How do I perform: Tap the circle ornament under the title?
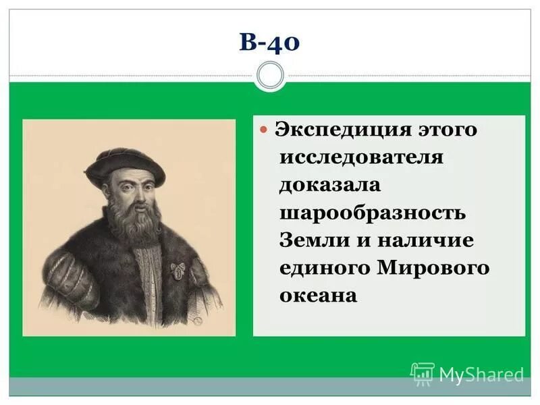[x=270, y=75]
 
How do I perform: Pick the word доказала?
[x=330, y=185]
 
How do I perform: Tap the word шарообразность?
[x=373, y=213]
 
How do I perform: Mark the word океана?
[x=318, y=296]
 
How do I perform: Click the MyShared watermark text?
[x=481, y=374]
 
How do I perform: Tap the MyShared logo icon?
[x=423, y=373]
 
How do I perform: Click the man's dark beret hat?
[x=124, y=161]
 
